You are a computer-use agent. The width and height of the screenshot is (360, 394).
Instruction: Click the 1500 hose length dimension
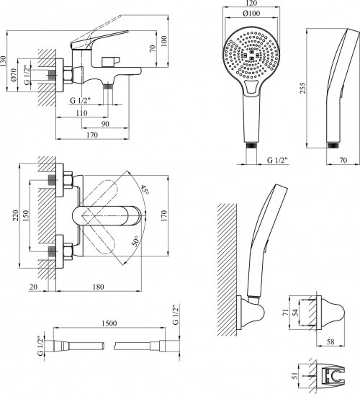109,323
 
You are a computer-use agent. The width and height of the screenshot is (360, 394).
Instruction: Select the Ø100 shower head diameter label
251,13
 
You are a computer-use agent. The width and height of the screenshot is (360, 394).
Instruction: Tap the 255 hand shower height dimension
303,88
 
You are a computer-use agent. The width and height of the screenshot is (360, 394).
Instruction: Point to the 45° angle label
145,189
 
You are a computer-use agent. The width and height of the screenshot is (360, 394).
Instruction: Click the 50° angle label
135,241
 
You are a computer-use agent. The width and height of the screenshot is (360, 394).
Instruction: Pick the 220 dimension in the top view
15,216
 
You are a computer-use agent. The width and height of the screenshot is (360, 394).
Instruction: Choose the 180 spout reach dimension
98,287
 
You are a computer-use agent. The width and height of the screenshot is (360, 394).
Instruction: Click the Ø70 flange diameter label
14,75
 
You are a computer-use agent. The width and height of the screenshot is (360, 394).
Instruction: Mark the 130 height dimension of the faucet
4,61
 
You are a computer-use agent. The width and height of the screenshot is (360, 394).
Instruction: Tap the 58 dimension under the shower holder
331,341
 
